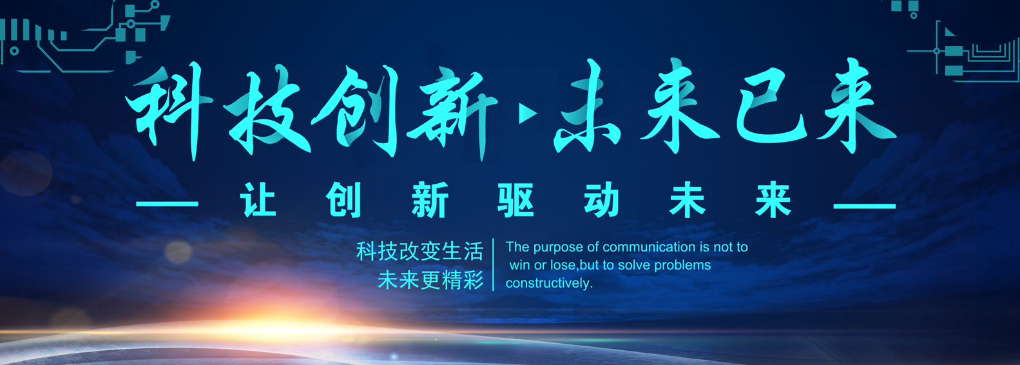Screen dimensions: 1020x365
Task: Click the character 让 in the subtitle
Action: tap(258, 200)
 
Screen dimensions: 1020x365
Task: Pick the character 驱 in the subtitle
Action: tap(515, 200)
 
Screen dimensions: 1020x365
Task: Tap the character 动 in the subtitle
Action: tap(601, 200)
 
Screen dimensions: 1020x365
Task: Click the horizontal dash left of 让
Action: tap(167, 204)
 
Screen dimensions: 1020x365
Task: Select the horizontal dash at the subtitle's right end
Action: tap(865, 206)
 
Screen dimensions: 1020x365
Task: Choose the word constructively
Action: tap(549, 284)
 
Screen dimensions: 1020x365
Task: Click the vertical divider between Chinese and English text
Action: tap(493, 264)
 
